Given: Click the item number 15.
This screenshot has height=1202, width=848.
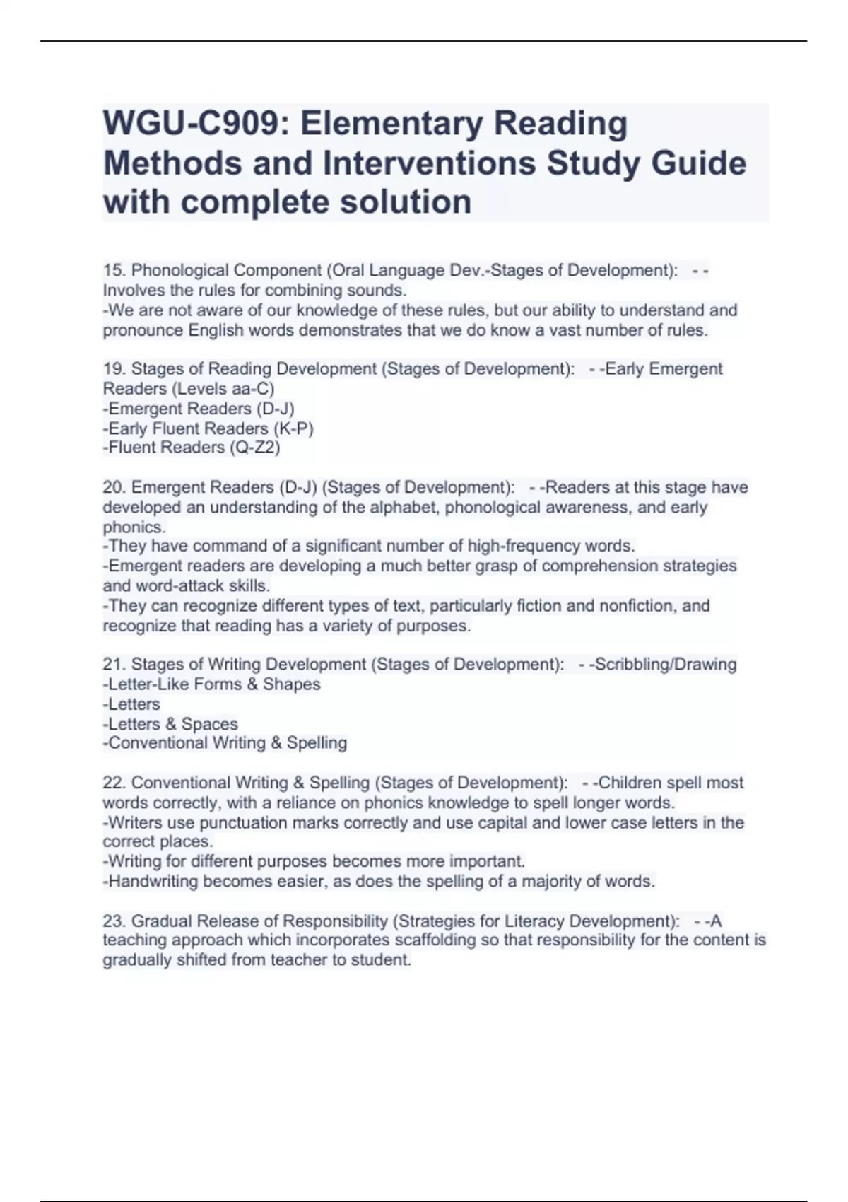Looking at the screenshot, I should [x=114, y=271].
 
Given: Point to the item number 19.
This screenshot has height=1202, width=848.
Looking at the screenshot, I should [x=114, y=369].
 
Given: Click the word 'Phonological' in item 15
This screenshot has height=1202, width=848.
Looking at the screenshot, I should [x=179, y=271].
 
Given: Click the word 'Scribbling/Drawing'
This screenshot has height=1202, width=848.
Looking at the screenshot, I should [x=666, y=665].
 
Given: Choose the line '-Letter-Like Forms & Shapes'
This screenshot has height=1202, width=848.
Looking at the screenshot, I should [x=212, y=684].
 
